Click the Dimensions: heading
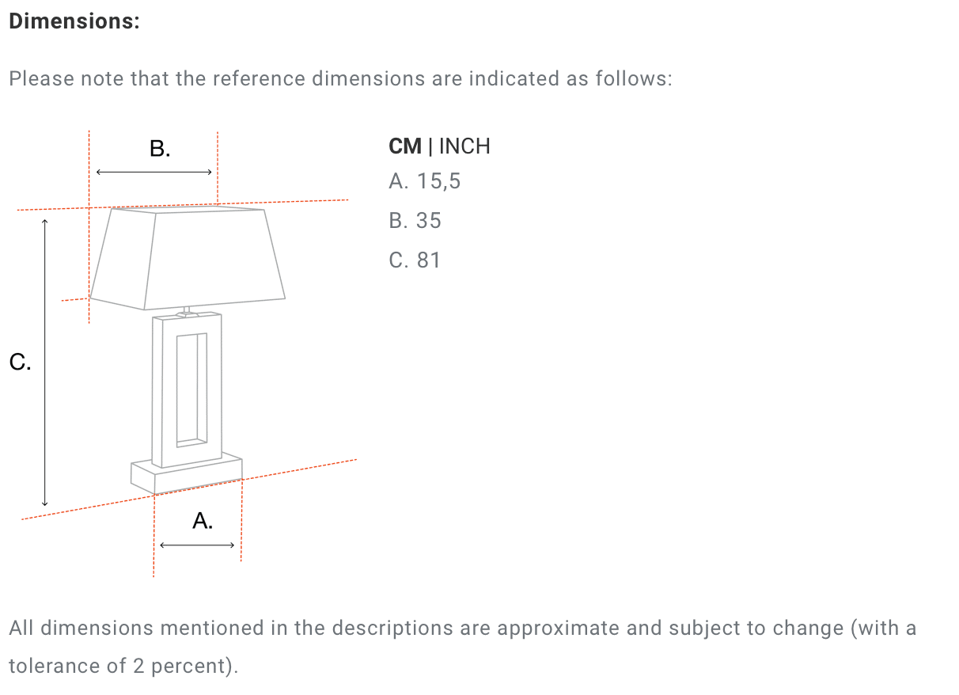(x=74, y=21)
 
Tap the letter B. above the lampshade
(x=160, y=148)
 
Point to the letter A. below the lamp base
(x=203, y=521)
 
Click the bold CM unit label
(x=405, y=146)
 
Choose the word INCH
(x=464, y=146)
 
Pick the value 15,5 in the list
(x=438, y=182)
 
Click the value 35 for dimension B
(x=428, y=221)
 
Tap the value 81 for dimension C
(x=428, y=260)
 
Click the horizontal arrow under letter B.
(x=154, y=172)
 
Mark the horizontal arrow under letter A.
(x=197, y=545)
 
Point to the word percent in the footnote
(x=193, y=666)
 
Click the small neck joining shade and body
(x=186, y=310)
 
